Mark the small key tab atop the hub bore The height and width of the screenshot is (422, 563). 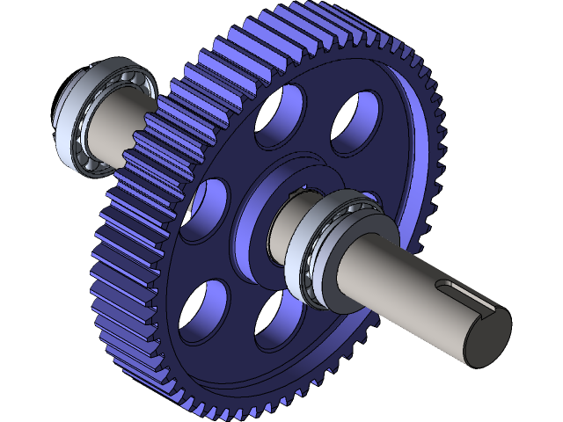[308, 188]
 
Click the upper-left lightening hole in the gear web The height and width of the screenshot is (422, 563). [279, 115]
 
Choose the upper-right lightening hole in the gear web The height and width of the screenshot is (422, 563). [356, 123]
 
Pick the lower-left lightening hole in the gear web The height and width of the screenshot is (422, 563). [202, 312]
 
